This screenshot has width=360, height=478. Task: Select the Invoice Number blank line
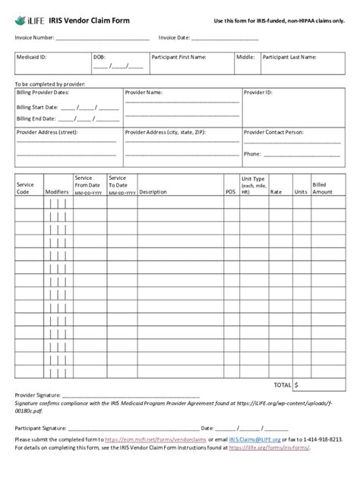[102, 38]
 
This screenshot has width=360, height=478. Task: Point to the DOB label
[99, 57]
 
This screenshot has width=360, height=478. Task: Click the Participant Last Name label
[289, 57]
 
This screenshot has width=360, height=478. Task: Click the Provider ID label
[258, 92]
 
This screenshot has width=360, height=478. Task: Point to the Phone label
[252, 153]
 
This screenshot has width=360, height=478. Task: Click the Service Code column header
[25, 188]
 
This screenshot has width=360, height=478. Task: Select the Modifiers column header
[56, 192]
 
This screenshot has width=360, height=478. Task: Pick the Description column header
[153, 192]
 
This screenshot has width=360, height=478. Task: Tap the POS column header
[230, 192]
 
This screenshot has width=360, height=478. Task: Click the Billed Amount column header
[322, 188]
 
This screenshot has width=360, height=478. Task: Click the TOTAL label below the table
[283, 385]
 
